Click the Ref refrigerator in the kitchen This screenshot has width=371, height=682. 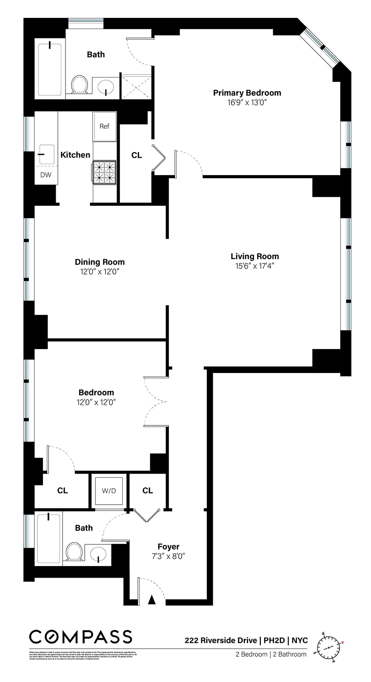click(104, 126)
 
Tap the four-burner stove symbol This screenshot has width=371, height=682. click(105, 172)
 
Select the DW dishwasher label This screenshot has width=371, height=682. click(46, 175)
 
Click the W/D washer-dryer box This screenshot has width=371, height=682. click(109, 491)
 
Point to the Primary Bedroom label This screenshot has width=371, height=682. click(247, 93)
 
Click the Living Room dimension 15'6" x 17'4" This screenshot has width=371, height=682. click(254, 266)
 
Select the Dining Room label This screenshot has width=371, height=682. click(100, 262)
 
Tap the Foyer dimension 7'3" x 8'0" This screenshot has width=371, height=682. click(168, 556)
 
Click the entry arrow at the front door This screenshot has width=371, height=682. click(151, 600)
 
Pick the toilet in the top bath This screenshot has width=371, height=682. click(80, 84)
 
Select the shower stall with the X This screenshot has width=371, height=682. click(136, 87)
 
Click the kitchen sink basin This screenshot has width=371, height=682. click(46, 154)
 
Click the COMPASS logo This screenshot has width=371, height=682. click(81, 637)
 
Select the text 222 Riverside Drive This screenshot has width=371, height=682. click(220, 640)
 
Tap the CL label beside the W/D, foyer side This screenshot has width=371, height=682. click(148, 491)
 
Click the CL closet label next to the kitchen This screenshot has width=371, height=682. click(137, 156)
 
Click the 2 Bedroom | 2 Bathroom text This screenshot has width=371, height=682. click(271, 654)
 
